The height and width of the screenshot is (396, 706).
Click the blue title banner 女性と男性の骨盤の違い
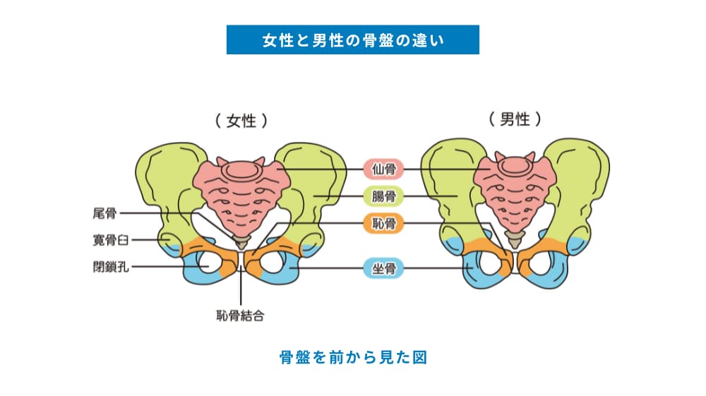352,40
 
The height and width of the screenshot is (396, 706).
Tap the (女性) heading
241,121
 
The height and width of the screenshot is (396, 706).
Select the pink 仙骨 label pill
383,169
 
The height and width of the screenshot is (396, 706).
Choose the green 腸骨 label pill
383,196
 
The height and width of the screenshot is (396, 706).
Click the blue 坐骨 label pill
383,268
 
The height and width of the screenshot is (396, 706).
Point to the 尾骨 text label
104,212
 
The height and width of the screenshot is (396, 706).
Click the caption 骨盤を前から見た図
353,356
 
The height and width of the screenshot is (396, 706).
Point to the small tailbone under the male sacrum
517,240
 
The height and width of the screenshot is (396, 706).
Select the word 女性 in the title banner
274,40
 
